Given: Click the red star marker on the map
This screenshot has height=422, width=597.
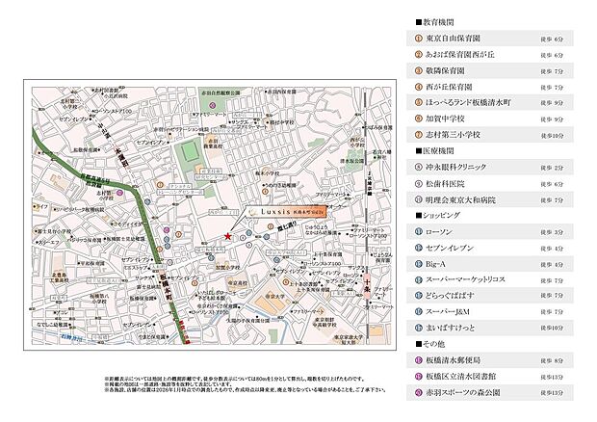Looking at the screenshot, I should click(x=227, y=236).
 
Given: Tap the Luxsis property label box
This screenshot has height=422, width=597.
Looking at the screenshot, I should click(x=286, y=209).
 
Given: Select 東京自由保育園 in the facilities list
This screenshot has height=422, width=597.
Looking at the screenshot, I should click(x=458, y=39).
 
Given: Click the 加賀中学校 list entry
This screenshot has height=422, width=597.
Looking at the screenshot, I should click(x=451, y=119).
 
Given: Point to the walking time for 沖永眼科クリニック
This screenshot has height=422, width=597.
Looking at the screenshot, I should click(x=565, y=168).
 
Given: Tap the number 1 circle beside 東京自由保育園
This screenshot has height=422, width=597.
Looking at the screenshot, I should click(x=418, y=39).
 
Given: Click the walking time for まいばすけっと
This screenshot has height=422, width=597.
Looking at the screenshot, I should click(x=563, y=329).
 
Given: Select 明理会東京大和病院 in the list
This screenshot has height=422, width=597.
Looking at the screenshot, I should click(x=466, y=199).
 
